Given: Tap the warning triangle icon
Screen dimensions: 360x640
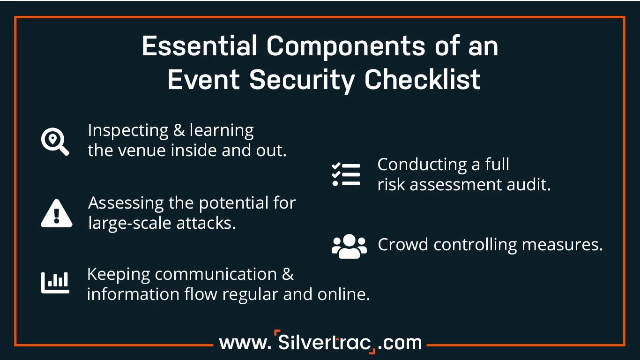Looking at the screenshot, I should tap(56, 214).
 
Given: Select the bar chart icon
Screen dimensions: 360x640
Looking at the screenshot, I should tap(55, 283).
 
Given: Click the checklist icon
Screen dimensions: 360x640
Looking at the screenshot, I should tap(346, 175).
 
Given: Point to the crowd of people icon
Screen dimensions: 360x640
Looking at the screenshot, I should tap(349, 246).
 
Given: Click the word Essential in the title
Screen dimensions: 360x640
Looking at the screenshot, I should tap(200, 46).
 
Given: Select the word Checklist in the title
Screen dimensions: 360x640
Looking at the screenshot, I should tap(423, 79).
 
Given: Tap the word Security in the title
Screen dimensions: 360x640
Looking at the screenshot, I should tap(305, 79).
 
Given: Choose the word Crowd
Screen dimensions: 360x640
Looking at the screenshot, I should tap(403, 245).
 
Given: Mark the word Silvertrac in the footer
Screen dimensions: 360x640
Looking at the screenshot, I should tap(325, 342).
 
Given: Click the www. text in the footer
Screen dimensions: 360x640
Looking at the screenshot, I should tap(245, 343).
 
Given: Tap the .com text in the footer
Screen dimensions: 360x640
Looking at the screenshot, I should tap(400, 343).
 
